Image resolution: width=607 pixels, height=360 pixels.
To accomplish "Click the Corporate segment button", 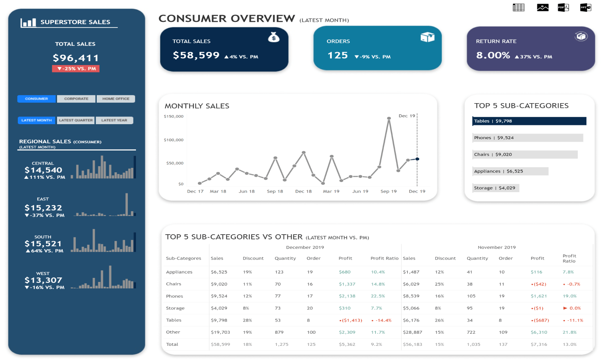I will coord(76,99).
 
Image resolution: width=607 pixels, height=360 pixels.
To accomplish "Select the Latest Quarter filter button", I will coord(76,120).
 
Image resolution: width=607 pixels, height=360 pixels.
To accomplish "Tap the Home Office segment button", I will coord(116,99).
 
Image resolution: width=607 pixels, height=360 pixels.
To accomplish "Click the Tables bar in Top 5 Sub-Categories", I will coord(529,121).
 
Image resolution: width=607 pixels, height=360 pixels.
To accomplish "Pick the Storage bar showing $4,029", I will coord(495,188).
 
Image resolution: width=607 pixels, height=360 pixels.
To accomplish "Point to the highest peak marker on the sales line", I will coord(389,119).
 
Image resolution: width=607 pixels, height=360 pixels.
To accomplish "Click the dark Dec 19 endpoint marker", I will coord(417,159).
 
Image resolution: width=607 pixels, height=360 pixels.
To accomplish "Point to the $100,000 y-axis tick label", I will coord(174,140).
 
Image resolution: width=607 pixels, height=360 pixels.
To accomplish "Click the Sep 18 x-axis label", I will coord(275,191).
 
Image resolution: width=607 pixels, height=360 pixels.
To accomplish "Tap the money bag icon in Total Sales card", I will coord(274,38).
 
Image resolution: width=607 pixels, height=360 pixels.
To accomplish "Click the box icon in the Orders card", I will coord(427,37).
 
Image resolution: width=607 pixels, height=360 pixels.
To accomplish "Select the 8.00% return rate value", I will coord(493,55).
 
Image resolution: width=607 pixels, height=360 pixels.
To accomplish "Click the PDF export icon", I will coord(563,7).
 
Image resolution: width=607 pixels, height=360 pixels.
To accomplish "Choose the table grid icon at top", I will coord(518,7).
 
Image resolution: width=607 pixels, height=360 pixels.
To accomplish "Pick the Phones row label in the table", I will coord(174,296).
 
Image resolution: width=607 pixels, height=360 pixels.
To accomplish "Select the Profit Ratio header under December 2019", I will coord(384,258).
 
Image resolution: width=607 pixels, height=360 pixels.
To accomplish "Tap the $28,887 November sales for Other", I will coord(412,332).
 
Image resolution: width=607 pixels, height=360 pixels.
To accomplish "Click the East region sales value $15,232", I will coord(43,208).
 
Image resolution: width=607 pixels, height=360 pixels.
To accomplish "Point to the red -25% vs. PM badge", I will coord(76,69).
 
